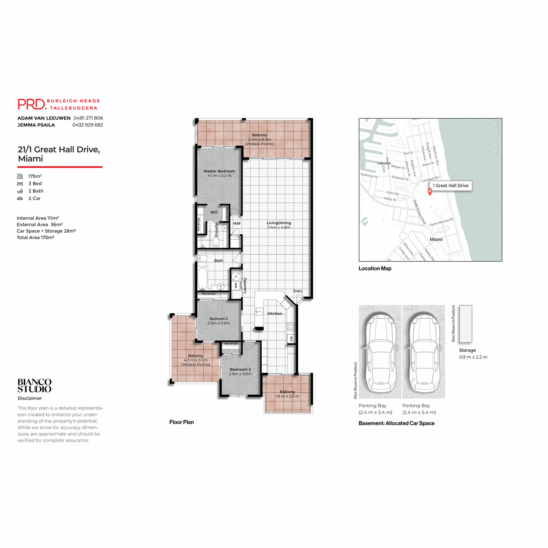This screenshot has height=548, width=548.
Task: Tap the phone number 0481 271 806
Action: pyautogui.click(x=88, y=118)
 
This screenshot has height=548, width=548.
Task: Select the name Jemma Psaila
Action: pyautogui.click(x=36, y=125)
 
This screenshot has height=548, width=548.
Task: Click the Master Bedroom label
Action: pyautogui.click(x=219, y=171)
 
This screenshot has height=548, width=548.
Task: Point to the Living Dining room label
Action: pyautogui.click(x=279, y=223)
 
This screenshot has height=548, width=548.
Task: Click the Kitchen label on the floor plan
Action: pyautogui.click(x=274, y=313)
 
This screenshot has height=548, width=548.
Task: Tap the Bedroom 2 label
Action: pyautogui.click(x=218, y=319)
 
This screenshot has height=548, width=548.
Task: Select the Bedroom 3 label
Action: pyautogui.click(x=240, y=369)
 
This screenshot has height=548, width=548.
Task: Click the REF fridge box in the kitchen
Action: pyautogui.click(x=290, y=339)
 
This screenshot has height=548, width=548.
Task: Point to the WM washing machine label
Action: pyautogui.click(x=236, y=285)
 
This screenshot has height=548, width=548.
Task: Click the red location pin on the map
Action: pyautogui.click(x=430, y=192)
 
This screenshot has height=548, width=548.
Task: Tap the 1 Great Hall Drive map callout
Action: pyautogui.click(x=451, y=185)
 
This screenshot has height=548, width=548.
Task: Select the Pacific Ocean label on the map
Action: pyautogui.click(x=495, y=137)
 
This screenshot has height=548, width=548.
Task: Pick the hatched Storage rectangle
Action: pyautogui.click(x=466, y=324)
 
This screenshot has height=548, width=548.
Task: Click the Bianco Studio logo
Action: pyautogui.click(x=35, y=385)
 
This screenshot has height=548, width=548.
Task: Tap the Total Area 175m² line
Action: pyautogui.click(x=36, y=237)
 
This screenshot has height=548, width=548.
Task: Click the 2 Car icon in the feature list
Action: pyautogui.click(x=20, y=199)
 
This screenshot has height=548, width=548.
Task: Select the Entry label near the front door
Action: pyautogui.click(x=298, y=291)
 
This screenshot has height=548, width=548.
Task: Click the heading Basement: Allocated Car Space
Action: pyautogui.click(x=396, y=423)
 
